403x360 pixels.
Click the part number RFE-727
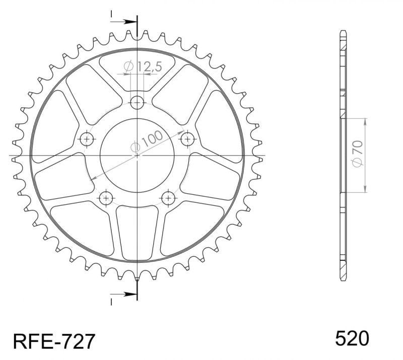(54, 341)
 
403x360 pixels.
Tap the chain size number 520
(352, 338)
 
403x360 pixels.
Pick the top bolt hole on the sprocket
(137, 103)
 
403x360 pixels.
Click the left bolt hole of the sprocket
(87, 139)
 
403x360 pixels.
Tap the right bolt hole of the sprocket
(187, 139)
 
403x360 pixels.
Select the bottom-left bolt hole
(106, 198)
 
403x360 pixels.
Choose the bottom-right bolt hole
(168, 198)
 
